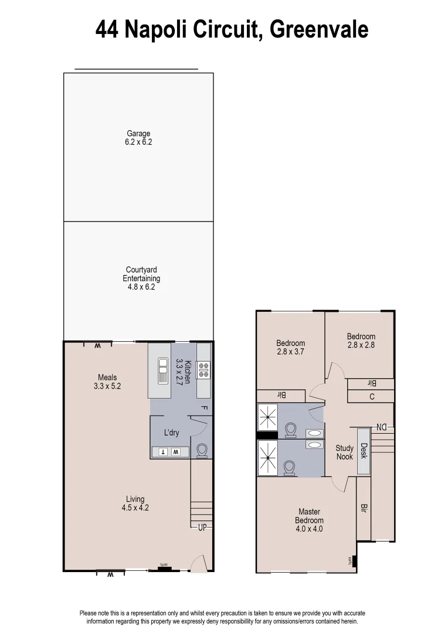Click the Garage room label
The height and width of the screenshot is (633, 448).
click(139, 138)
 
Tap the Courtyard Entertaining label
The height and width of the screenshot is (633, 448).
click(141, 278)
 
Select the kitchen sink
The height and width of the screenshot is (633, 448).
click(162, 370)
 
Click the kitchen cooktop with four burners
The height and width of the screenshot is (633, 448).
click(203, 370)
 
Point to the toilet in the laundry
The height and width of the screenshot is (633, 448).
click(202, 450)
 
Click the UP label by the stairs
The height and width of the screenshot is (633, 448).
click(202, 527)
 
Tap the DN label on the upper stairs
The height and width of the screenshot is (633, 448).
click(381, 427)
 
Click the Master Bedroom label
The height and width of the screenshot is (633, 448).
click(309, 520)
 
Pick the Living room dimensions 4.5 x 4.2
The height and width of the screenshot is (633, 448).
click(135, 508)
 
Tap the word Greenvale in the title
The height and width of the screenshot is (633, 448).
click(319, 29)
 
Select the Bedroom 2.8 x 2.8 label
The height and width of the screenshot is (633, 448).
click(361, 341)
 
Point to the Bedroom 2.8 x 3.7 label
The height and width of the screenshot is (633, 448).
click(291, 348)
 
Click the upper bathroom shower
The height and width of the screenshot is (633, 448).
click(267, 417)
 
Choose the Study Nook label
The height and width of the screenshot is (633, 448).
click(345, 452)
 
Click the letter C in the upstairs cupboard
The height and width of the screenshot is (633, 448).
click(371, 397)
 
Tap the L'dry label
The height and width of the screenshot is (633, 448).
click(171, 433)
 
